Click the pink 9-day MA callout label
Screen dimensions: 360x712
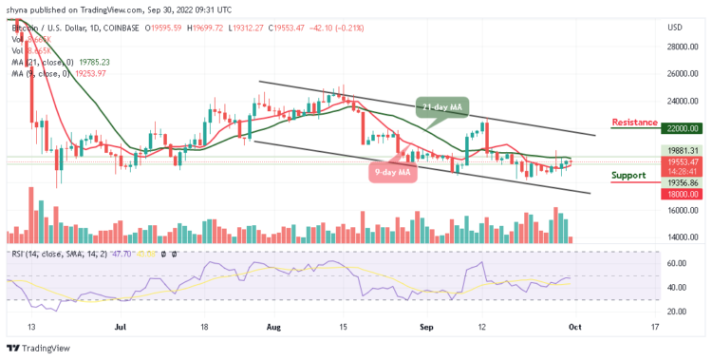click(391, 172)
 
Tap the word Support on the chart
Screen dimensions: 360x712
click(628, 175)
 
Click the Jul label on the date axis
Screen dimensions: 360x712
click(121, 325)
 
